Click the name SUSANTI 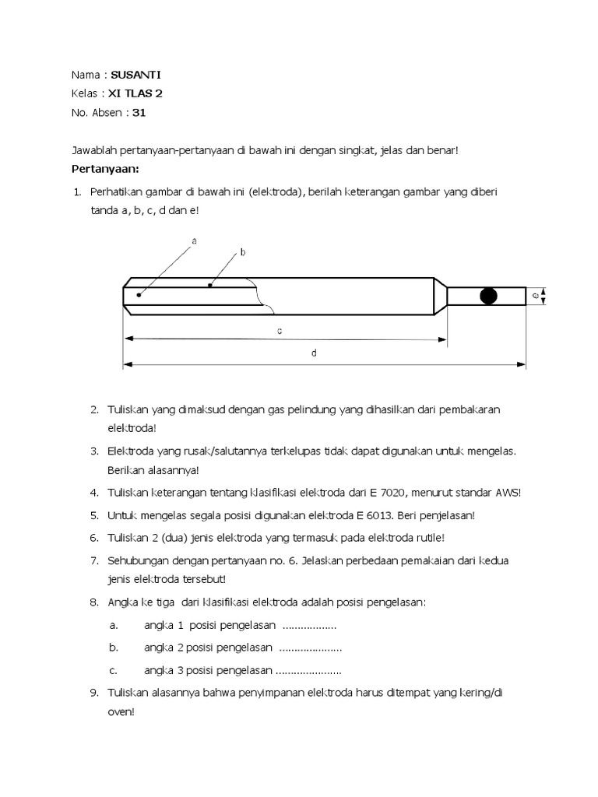136,75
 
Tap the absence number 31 139,112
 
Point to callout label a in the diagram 194,241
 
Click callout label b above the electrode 242,252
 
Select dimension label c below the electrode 279,331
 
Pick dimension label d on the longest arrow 314,353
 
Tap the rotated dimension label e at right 535,296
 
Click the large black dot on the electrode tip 489,296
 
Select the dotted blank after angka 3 308,670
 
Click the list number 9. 93,692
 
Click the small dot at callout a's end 139,294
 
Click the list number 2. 93,409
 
